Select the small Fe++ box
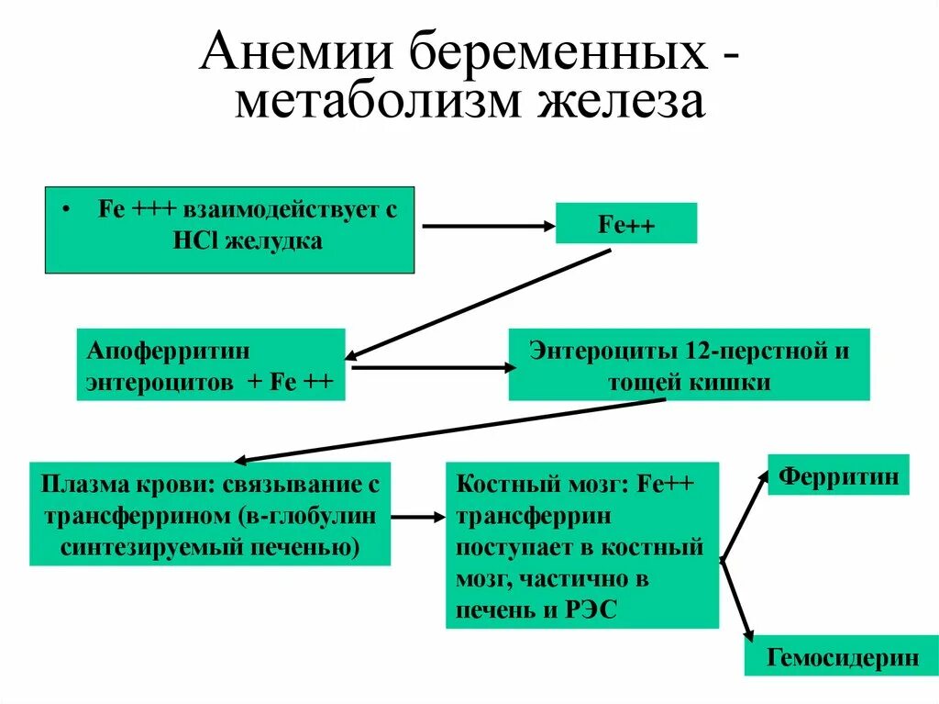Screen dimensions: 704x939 pos(626,224)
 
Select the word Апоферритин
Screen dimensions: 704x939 pos(145,351)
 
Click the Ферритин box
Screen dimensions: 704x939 pos(837,476)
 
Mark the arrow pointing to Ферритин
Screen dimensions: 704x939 pos(745,514)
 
